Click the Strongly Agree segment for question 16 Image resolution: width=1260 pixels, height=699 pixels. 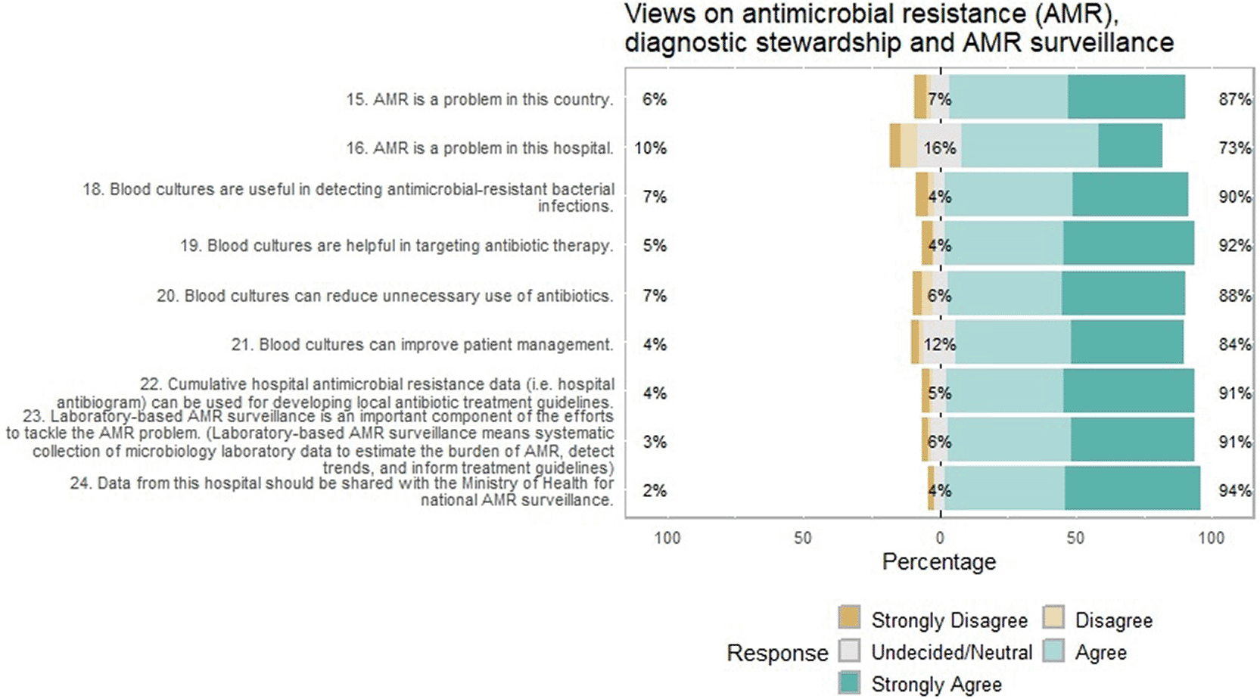coord(1130,146)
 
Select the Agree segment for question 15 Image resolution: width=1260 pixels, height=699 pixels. coord(1009,97)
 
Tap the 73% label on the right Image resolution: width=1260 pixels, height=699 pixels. coord(1235,148)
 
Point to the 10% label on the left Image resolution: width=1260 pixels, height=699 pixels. coord(651,148)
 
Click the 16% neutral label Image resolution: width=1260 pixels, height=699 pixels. coord(940,148)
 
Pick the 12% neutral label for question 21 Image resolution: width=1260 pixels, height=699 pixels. coord(940,344)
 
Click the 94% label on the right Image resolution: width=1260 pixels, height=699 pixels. coord(1235,490)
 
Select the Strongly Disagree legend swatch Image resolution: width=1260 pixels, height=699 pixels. coord(849,617)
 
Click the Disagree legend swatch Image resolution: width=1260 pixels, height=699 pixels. coord(1053,617)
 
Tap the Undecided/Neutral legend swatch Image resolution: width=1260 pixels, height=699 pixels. coord(849,651)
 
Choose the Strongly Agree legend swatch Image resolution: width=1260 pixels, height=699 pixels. coord(849,682)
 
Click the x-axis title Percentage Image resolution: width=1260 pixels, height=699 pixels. coord(939,562)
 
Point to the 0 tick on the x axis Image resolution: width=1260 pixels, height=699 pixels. coord(940,538)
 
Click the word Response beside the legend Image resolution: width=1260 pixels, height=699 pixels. coord(777,653)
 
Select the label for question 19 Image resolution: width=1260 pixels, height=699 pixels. coord(397,247)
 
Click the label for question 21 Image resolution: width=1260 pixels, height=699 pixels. coord(422,344)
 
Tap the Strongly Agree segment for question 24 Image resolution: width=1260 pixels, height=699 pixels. coord(1132,488)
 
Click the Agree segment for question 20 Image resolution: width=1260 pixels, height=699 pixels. coord(1005,293)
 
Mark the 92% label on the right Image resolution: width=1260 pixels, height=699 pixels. coord(1235,246)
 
